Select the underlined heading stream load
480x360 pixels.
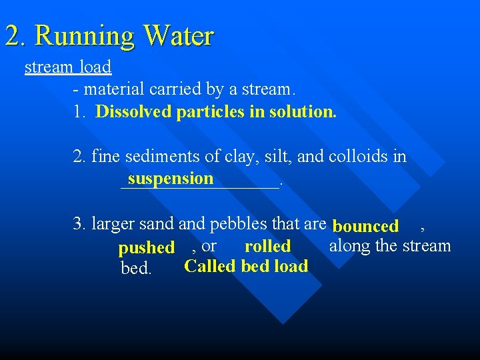pyautogui.click(x=68, y=67)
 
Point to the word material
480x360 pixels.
pyautogui.click(x=112, y=89)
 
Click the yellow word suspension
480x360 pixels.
pyautogui.click(x=171, y=178)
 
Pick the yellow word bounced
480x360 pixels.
pyautogui.click(x=365, y=227)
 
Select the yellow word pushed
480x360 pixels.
pyautogui.click(x=146, y=248)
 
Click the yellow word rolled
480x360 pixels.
pyautogui.click(x=267, y=246)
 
